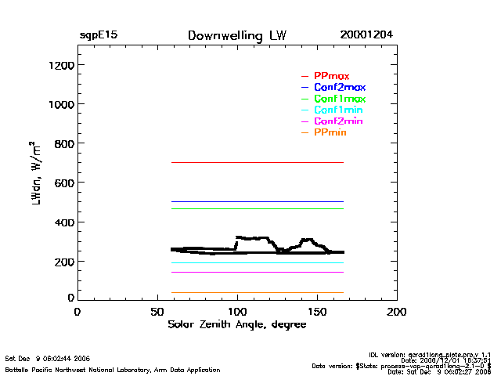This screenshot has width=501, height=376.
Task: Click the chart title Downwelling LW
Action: click(236, 36)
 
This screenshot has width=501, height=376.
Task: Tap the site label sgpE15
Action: click(98, 36)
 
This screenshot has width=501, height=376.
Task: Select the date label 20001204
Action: click(366, 36)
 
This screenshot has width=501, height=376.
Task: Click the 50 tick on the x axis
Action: click(157, 311)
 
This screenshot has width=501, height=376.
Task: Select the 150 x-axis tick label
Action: click(317, 311)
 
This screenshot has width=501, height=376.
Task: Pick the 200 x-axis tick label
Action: click(397, 311)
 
